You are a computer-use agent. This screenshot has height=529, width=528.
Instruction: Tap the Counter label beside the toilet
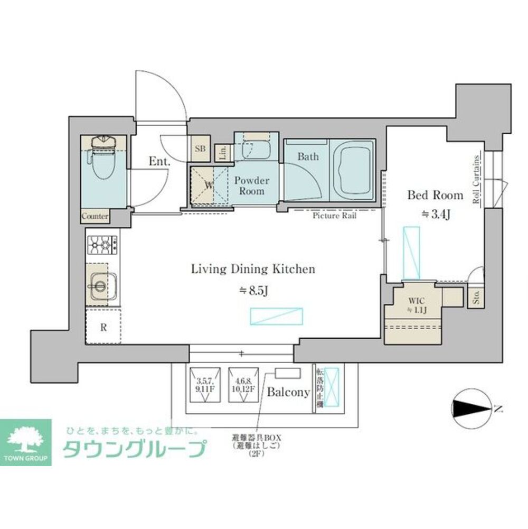click(95, 217)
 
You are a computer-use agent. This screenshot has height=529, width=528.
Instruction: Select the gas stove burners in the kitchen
click(102, 245)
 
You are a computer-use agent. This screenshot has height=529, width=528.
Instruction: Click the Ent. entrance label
click(159, 162)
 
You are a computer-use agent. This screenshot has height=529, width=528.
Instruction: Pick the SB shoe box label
click(200, 149)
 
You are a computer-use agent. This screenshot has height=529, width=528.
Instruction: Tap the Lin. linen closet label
click(222, 153)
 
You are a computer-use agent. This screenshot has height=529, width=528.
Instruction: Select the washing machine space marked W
click(209, 185)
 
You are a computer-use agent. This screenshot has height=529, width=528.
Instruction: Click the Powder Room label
click(251, 185)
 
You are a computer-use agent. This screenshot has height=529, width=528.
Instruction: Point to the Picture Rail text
click(334, 216)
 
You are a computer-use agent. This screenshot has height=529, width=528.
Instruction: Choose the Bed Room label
click(435, 195)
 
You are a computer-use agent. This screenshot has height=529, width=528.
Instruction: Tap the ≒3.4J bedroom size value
click(435, 214)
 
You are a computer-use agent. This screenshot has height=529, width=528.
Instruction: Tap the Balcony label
click(288, 392)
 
